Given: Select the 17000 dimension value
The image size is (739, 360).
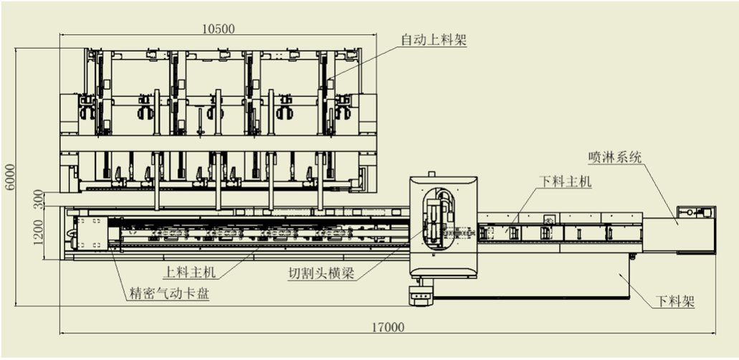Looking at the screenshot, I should click(388, 327).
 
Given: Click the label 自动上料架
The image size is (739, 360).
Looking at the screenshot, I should click(433, 40).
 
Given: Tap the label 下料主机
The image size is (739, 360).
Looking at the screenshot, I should click(565, 182).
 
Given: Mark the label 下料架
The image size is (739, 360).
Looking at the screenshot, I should click(674, 302).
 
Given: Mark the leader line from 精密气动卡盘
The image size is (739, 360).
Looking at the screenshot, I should click(118, 265).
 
